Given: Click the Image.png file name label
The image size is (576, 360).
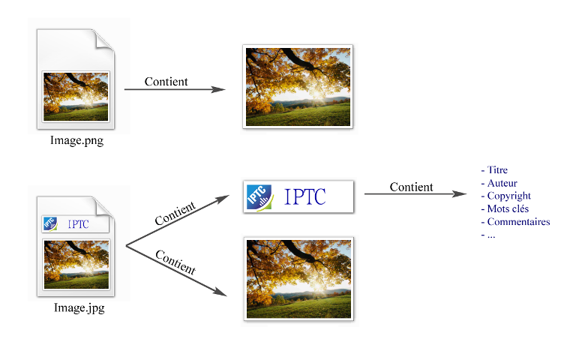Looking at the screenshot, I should coord(76,140).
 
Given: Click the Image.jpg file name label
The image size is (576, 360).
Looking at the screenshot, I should coord(79,307).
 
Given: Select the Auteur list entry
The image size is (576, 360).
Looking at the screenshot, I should coord(502,183).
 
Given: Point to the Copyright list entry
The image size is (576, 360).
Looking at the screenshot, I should coord(508,196).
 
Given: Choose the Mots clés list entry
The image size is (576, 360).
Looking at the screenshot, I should coord(508,208).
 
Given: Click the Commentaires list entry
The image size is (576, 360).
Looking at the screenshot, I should coord(518,221).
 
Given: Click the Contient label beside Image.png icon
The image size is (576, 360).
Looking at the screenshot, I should coord(166,82).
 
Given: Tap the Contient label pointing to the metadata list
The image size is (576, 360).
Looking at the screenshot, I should coord(411,187).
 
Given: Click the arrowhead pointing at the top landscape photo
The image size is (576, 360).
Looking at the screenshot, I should coord(219,89).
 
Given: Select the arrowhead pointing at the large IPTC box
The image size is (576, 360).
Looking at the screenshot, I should coord(223,198).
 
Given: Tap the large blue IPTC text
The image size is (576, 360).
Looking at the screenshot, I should coord(305,198).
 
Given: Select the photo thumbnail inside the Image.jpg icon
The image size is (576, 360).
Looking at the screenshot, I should coord(76,263).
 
